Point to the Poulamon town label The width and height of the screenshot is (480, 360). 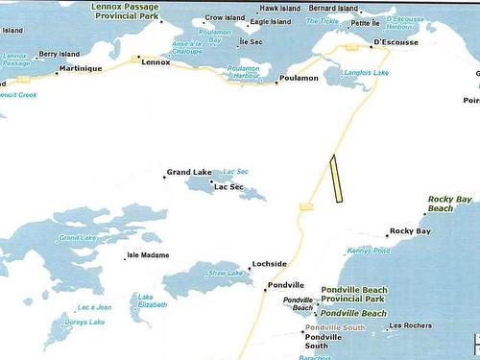[x=298, y=78]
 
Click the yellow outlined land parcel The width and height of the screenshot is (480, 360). [x=337, y=180]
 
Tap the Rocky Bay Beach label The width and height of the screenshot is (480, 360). [x=450, y=203]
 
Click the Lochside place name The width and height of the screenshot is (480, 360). [x=268, y=263]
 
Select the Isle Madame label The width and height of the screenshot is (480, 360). [x=148, y=255]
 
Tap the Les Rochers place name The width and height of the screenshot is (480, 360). [x=409, y=326]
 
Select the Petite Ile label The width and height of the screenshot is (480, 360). [x=366, y=22]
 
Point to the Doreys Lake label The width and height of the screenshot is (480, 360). [x=84, y=322]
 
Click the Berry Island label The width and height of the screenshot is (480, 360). [x=61, y=55]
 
